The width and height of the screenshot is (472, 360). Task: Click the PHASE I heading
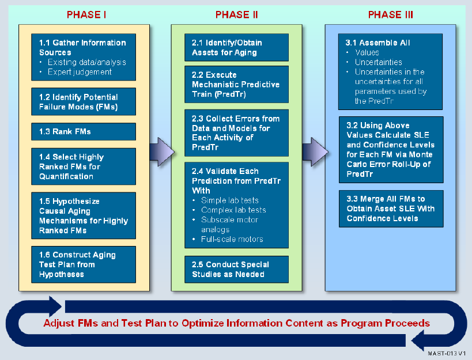(x=86, y=14)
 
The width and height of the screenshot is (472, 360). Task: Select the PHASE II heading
(x=237, y=14)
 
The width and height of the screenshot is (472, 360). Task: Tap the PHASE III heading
(x=390, y=14)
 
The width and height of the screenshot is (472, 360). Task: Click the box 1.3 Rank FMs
(x=84, y=131)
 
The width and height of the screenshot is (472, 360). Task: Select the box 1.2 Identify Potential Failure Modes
(x=84, y=101)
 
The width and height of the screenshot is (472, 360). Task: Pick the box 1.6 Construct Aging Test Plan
(x=84, y=264)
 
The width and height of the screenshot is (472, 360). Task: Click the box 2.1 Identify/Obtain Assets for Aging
(x=237, y=47)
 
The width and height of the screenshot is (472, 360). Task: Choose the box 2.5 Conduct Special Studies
(x=237, y=269)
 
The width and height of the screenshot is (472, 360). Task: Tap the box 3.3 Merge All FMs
(x=391, y=209)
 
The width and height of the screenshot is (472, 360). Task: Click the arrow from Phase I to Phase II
(x=162, y=152)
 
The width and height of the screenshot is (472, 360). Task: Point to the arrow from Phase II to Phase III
(x=315, y=152)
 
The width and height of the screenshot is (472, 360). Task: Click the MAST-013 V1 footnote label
(x=447, y=354)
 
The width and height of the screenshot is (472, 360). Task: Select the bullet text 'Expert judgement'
(x=80, y=72)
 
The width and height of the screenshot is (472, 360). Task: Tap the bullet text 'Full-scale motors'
(x=232, y=239)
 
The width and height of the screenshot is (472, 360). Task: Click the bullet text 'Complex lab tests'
(x=233, y=210)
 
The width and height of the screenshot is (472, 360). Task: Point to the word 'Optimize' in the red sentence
(x=203, y=323)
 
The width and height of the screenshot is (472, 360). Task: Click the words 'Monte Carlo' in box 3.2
(x=389, y=160)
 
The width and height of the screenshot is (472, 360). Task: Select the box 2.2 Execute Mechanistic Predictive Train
(x=237, y=84)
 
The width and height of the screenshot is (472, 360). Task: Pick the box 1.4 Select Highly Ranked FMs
(x=84, y=166)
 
